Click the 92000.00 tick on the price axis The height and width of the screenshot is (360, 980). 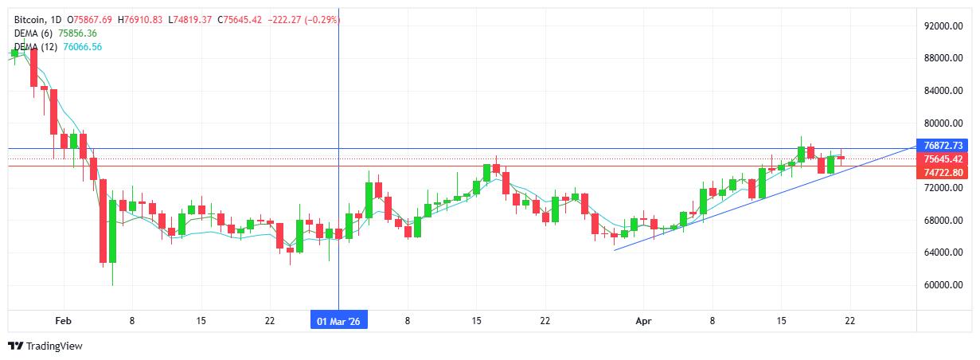[x=944, y=25]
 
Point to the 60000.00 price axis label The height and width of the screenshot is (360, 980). [x=944, y=285]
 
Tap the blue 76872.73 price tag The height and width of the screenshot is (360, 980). [x=945, y=146]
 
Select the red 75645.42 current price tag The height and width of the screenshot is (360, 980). [x=945, y=159]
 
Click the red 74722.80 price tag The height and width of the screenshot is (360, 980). [x=945, y=173]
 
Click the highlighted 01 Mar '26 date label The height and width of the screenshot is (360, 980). [x=339, y=320]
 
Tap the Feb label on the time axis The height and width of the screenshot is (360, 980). [x=63, y=320]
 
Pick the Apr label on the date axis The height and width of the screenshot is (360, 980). [x=644, y=320]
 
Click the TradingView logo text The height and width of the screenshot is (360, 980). [x=54, y=346]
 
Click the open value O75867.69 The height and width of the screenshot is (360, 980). [x=90, y=19]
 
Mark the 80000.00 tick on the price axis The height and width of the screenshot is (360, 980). [x=944, y=123]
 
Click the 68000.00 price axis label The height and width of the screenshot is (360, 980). [x=944, y=221]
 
